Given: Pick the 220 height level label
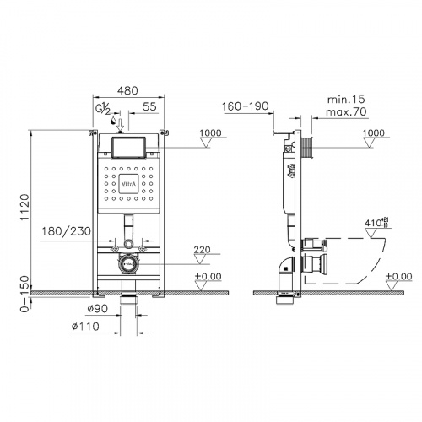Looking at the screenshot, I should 201,249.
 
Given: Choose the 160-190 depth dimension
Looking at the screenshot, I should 246,107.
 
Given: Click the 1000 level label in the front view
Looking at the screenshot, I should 213,133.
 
